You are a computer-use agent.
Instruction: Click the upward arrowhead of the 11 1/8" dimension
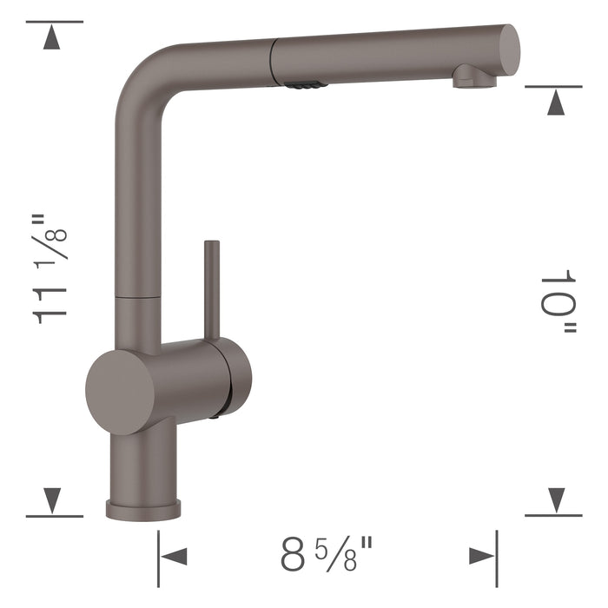click(54, 37)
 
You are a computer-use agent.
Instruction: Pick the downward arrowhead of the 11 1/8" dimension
click(54, 499)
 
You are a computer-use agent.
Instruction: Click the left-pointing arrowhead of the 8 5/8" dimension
click(174, 556)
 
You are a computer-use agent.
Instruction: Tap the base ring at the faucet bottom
click(143, 509)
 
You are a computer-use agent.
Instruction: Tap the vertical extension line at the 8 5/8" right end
click(497, 556)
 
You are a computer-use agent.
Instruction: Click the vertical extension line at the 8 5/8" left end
click(158, 556)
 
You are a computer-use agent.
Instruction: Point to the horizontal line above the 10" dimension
click(553, 87)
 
